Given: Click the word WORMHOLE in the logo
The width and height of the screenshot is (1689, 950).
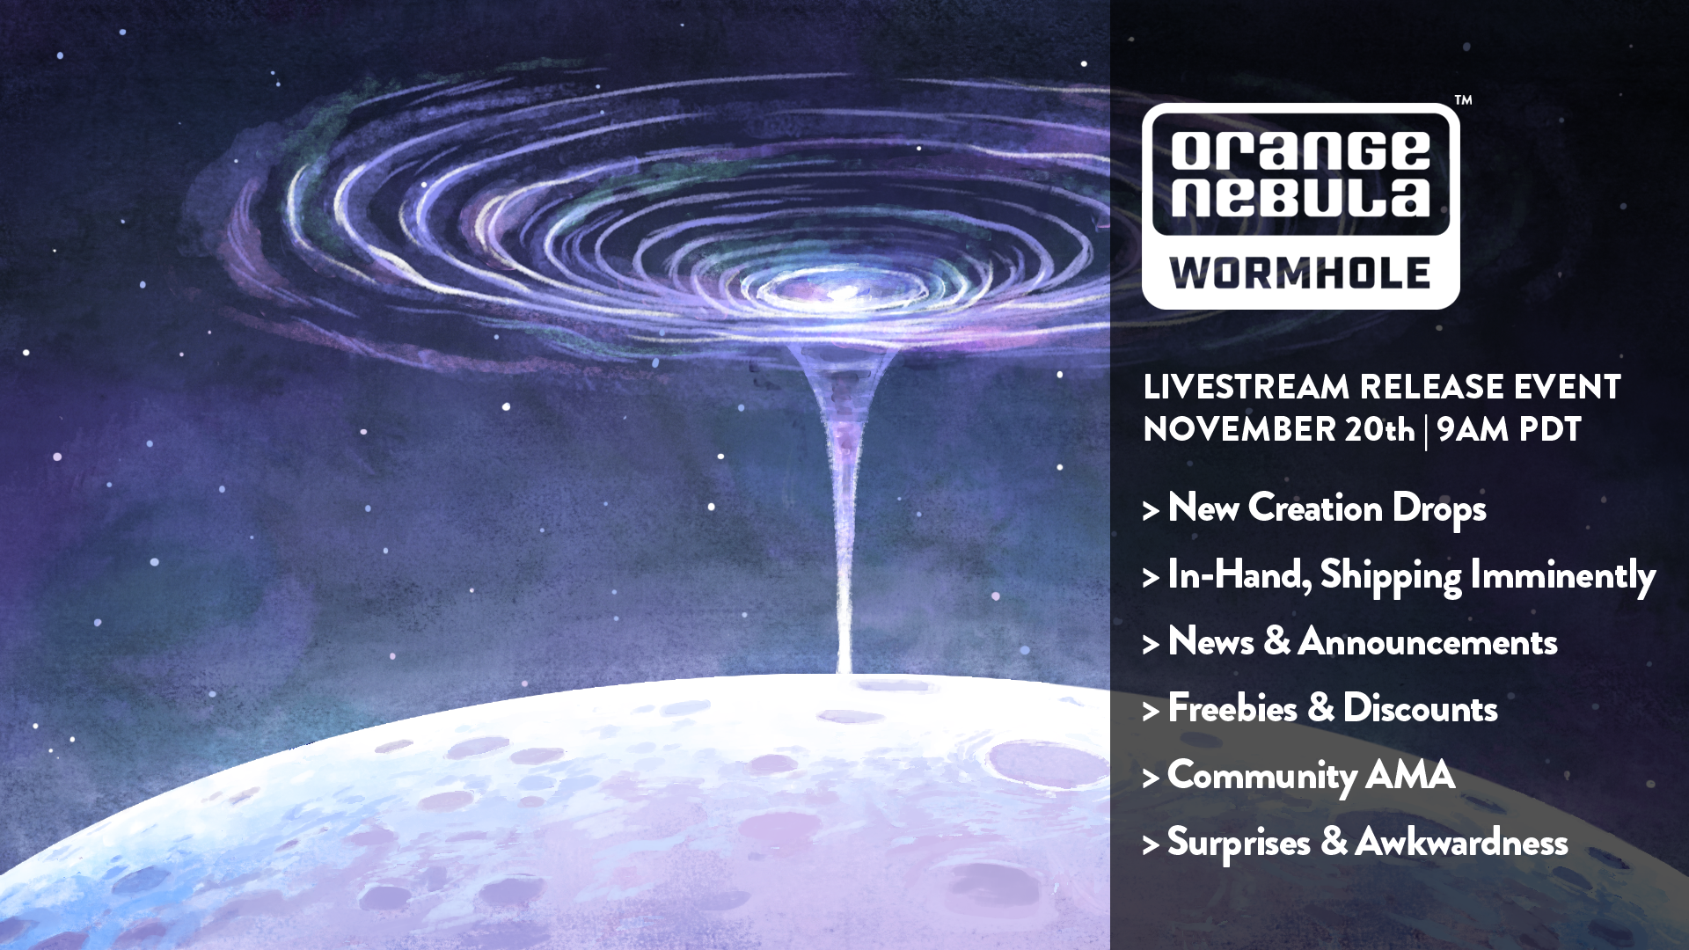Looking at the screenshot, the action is click(1300, 274).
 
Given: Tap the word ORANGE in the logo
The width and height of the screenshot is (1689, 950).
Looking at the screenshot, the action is click(1300, 150).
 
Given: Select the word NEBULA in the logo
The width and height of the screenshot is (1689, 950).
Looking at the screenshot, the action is click(1300, 196).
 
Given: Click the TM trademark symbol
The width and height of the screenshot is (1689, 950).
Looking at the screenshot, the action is click(1463, 100).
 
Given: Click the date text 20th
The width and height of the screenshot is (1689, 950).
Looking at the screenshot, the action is click(1379, 429).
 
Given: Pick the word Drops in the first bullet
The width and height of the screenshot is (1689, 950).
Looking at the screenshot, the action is click(1439, 509).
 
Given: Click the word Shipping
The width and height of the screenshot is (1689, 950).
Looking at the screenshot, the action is click(1390, 576).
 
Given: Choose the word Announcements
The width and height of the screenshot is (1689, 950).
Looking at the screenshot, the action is click(1428, 641).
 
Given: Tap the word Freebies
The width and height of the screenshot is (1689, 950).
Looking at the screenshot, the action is click(1232, 708).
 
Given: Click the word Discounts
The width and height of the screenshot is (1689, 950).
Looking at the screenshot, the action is click(1420, 708).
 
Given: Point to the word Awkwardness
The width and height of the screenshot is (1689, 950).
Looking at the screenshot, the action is click(1461, 842).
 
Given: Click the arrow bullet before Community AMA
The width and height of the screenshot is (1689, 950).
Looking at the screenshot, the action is click(1151, 778).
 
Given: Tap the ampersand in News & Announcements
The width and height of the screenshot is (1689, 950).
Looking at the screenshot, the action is click(1276, 641).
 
